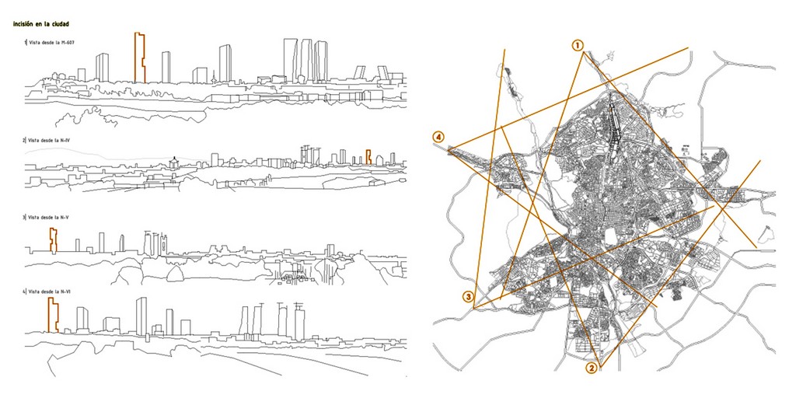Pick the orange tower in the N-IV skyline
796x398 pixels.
[x=369, y=157]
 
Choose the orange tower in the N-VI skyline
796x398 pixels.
[x=53, y=314]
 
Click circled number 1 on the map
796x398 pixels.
[x=578, y=45]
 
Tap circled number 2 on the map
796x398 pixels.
[x=592, y=368]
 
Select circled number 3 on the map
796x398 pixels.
[x=468, y=296]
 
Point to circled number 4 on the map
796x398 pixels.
[x=440, y=138]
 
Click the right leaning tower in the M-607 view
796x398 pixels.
[x=383, y=72]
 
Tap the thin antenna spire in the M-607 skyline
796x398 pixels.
[x=213, y=72]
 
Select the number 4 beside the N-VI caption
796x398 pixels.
[x=24, y=292]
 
